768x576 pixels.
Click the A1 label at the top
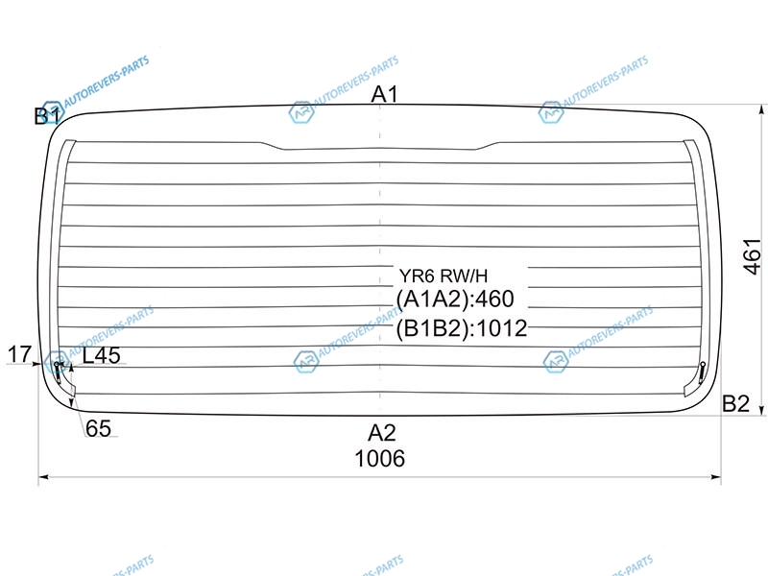tap(385, 94)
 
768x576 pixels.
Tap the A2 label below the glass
tap(381, 433)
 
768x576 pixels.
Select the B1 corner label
tap(47, 116)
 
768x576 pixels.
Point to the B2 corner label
tap(735, 403)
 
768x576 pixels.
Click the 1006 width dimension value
tap(379, 459)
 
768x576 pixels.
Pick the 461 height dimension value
tap(754, 256)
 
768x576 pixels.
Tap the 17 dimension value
tap(19, 354)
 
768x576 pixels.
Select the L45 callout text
tap(102, 355)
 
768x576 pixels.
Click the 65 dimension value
tap(98, 428)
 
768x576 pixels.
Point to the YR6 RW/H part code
tap(444, 276)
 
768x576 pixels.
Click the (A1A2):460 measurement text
tap(455, 299)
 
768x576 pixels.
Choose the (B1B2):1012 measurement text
tap(462, 328)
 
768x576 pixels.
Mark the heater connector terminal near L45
tap(59, 371)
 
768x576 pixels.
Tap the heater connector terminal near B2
tap(702, 372)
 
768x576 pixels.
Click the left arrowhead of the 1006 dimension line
tap(43, 476)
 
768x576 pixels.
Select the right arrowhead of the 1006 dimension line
tap(716, 476)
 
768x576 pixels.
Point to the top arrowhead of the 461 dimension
tap(761, 109)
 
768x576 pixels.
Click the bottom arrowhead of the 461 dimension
tap(761, 410)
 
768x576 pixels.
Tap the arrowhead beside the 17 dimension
tap(36, 364)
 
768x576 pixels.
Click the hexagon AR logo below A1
tap(300, 112)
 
